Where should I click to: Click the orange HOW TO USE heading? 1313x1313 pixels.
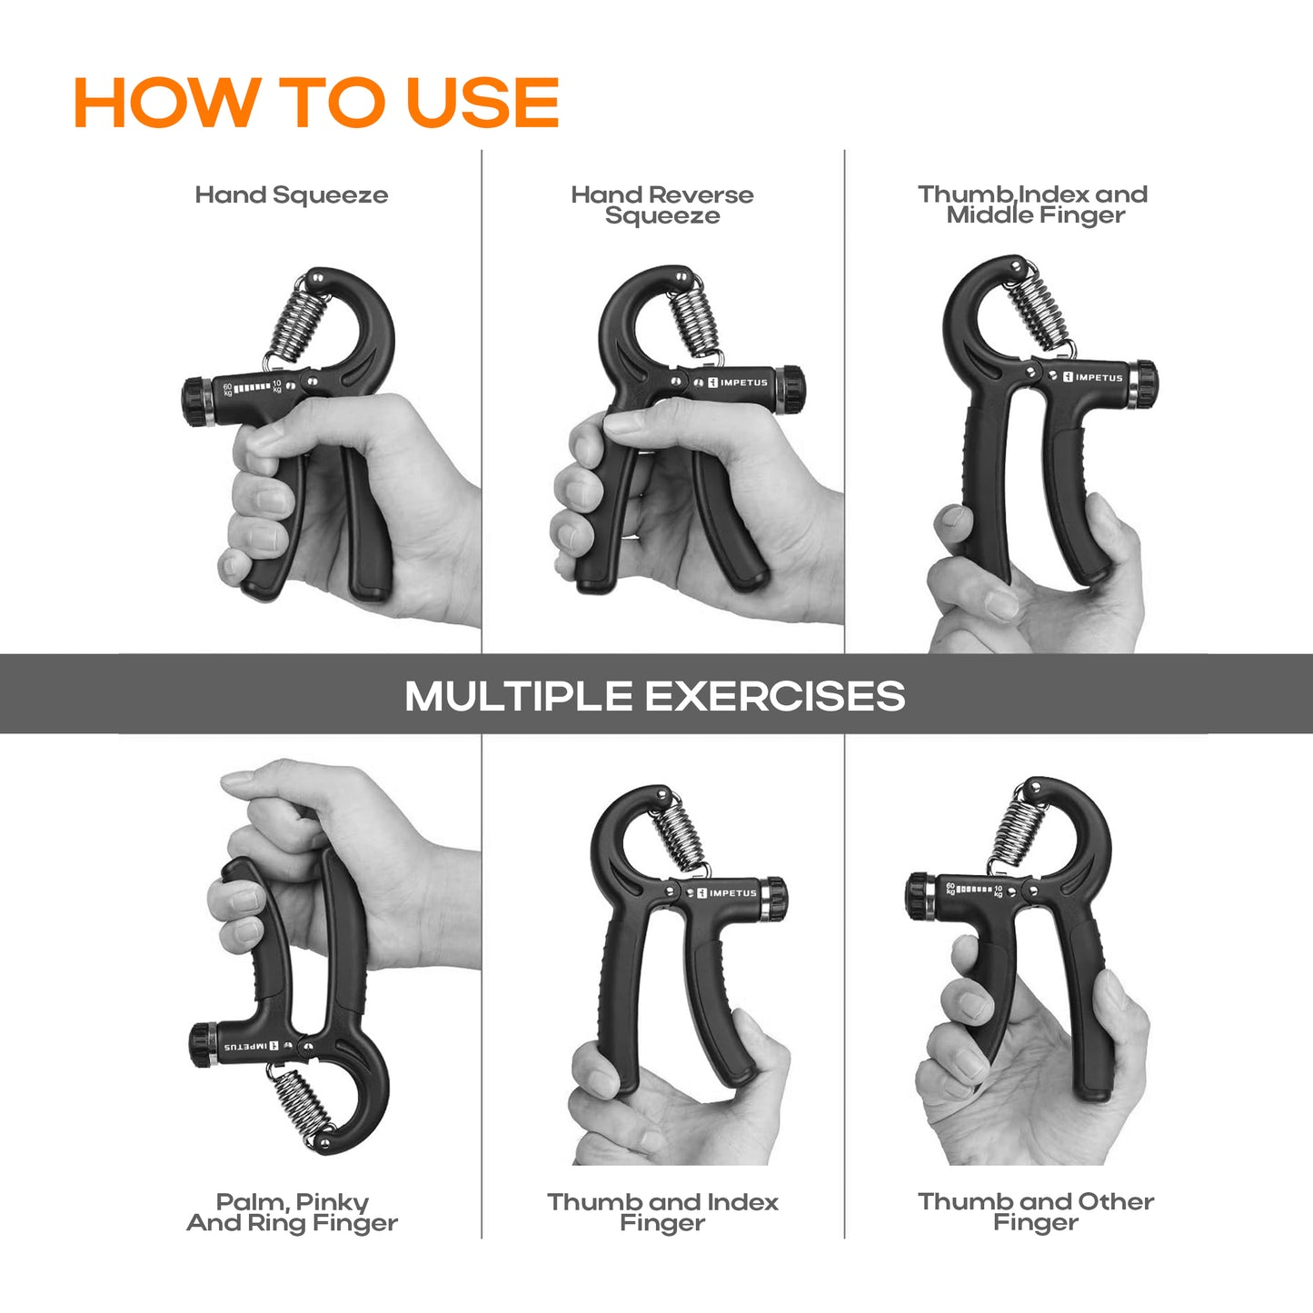coord(316,102)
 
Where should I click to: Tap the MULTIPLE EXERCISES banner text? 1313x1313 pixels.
coord(655,696)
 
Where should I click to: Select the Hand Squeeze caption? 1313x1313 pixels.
coord(292,195)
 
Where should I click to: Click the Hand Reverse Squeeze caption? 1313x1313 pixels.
coord(662,205)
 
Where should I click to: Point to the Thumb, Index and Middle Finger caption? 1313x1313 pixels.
coord(1032,204)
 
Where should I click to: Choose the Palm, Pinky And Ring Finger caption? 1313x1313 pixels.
coord(293,1212)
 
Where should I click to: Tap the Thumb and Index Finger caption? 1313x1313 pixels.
coord(662,1212)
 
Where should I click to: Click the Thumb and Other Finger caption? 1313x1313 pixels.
coord(1036,1211)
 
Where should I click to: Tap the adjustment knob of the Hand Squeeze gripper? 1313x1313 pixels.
coord(198,402)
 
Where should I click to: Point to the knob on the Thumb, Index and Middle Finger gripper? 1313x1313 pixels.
coord(1142,385)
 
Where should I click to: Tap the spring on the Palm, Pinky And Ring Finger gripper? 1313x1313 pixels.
coord(301,1107)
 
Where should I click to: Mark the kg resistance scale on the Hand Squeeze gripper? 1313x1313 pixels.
coord(252,388)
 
